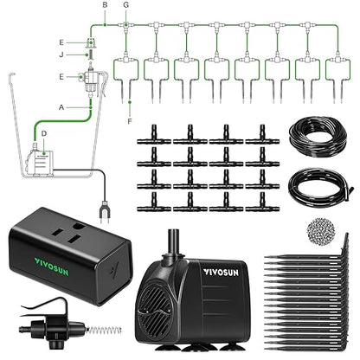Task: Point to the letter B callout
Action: click(x=105, y=5)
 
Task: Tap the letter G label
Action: click(x=126, y=5)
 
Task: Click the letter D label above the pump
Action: click(x=44, y=134)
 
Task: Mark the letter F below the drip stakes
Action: click(x=129, y=111)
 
